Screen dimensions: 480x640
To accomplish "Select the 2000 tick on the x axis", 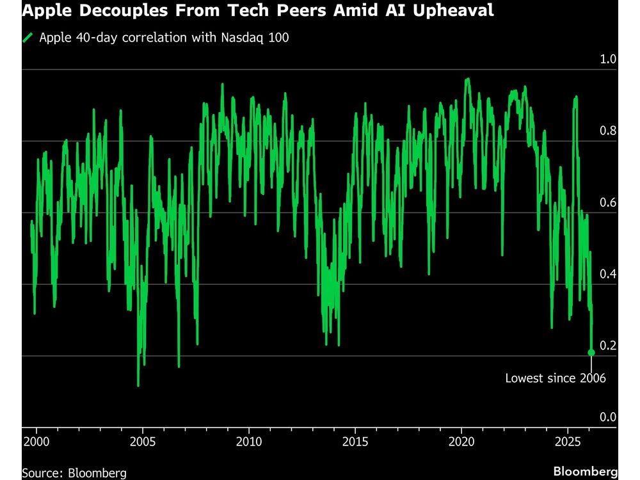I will (36, 442).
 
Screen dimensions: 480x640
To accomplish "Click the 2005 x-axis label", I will (142, 442).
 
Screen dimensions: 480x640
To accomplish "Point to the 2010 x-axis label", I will (249, 442).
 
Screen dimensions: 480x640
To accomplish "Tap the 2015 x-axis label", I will (355, 442).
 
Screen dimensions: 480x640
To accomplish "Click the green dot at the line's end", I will (591, 353).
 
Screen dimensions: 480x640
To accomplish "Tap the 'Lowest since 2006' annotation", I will (555, 378).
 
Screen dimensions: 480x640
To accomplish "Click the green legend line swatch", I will (28, 38).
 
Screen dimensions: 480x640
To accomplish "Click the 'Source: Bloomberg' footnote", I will (74, 473).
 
